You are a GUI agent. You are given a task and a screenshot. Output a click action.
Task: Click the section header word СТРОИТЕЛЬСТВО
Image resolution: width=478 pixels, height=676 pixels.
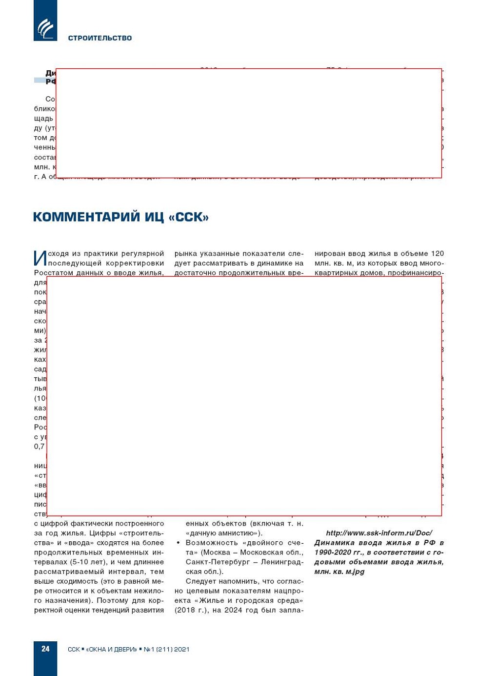100,38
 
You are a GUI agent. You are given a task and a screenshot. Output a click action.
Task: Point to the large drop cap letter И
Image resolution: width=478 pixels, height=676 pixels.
40,258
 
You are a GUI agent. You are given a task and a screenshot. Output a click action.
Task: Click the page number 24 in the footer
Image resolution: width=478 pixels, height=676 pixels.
45,649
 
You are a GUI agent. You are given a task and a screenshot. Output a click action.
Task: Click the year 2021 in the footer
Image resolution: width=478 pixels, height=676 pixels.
181,649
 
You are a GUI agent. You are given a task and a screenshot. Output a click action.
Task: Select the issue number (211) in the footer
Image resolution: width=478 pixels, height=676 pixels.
164,649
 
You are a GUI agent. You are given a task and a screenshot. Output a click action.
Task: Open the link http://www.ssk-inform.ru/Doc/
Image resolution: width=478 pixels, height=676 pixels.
378,533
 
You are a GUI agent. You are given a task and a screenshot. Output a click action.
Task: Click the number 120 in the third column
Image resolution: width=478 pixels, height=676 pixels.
437,254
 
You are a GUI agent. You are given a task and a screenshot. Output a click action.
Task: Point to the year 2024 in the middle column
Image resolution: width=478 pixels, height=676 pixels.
232,610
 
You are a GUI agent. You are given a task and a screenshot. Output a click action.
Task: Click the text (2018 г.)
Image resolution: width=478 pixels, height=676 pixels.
190,610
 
